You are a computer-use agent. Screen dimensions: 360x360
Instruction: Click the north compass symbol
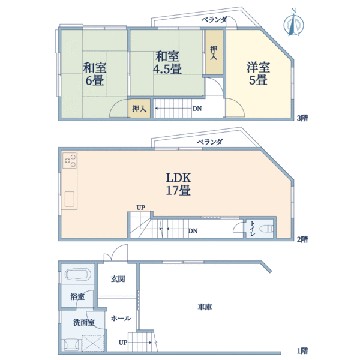click(293, 23)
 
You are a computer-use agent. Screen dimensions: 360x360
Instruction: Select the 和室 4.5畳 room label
click(168, 63)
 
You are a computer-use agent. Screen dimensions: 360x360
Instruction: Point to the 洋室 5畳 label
click(257, 73)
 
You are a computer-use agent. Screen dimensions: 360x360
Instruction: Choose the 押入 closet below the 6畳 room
click(140, 109)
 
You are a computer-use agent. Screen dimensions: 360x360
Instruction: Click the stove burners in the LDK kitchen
click(70, 160)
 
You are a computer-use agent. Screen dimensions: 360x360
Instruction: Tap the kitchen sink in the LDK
click(70, 199)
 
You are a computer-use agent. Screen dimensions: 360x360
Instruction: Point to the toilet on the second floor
click(266, 229)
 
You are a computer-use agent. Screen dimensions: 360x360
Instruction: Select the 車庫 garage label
click(205, 307)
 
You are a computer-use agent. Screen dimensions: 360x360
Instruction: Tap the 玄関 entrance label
click(118, 279)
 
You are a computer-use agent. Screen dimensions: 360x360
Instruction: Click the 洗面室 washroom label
click(84, 322)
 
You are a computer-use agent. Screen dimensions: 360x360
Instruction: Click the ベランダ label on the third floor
click(214, 20)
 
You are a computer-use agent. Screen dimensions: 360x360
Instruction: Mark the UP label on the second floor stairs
click(140, 208)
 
